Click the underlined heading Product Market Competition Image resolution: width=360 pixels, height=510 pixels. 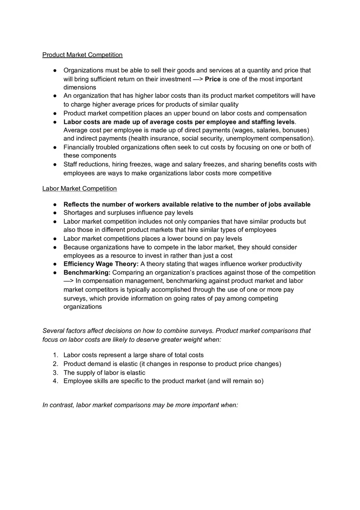[x=82, y=55]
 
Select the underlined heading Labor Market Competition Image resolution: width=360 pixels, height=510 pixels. [x=79, y=189]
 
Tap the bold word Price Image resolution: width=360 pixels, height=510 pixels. [x=212, y=79]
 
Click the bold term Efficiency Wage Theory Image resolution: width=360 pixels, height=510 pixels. [x=101, y=264]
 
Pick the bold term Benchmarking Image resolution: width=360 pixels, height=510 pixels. [x=87, y=272]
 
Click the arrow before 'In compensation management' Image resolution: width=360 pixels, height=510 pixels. [x=69, y=281]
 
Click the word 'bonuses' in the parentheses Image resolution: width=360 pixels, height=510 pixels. [x=294, y=130]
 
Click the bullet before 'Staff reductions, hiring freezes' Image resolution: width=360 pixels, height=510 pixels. [x=55, y=164]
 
